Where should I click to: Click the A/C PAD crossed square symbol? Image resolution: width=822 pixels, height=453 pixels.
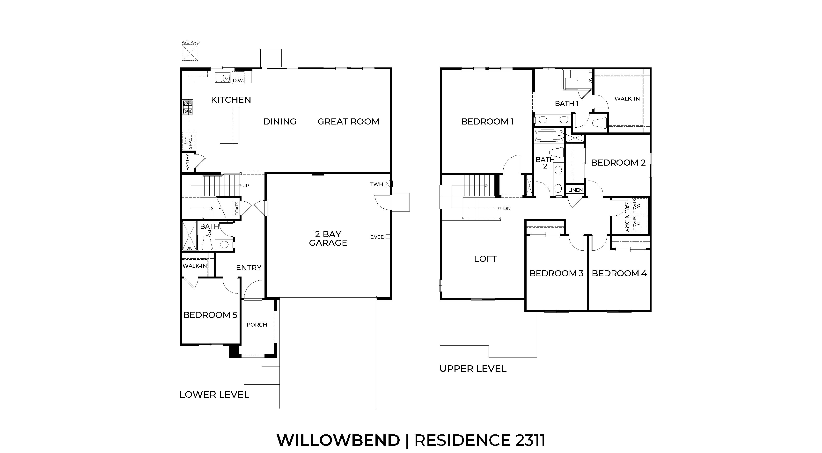tap(190, 52)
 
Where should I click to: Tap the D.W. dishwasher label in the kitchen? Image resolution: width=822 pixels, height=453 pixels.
tap(238, 81)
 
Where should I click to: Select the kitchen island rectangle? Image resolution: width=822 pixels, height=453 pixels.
tap(229, 125)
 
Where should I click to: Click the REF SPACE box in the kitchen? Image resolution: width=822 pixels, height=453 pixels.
tap(189, 141)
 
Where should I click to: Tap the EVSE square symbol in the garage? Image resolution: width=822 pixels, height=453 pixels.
tap(388, 237)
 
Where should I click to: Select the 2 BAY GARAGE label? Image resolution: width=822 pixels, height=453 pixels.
tap(328, 239)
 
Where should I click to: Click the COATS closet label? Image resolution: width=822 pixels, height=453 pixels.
tap(237, 208)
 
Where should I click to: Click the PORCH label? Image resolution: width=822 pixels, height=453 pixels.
tap(257, 325)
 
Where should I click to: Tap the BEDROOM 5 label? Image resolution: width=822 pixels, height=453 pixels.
tap(210, 315)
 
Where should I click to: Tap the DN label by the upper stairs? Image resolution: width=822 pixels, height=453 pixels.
tap(507, 209)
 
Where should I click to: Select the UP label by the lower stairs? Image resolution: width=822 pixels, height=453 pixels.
tap(246, 185)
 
